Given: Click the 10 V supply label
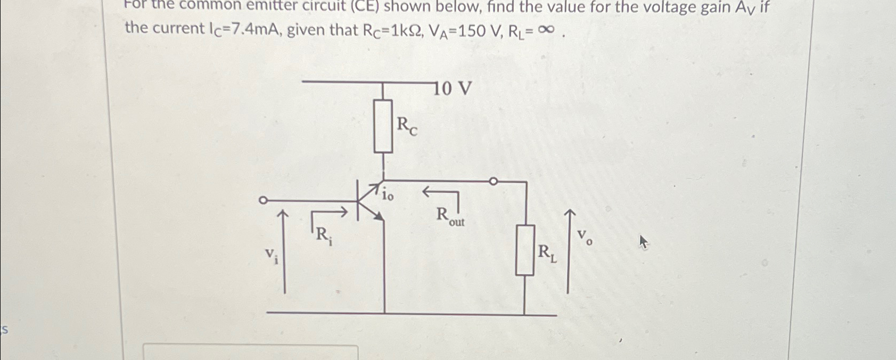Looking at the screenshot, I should point(454,88).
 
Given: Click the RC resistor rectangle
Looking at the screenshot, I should point(383,126).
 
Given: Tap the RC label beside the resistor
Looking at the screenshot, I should point(407,127).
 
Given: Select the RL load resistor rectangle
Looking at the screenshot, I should point(525,250).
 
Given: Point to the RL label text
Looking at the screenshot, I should point(547,253).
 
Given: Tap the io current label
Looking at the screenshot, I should point(388,196).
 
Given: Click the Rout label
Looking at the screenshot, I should point(450,217).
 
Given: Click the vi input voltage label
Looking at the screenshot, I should point(272,256).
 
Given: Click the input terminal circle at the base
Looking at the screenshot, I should point(262,201).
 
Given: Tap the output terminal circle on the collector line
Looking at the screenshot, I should point(493,182).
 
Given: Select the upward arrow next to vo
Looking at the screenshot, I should point(569,250).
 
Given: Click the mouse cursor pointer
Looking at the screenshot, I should point(644,243).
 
